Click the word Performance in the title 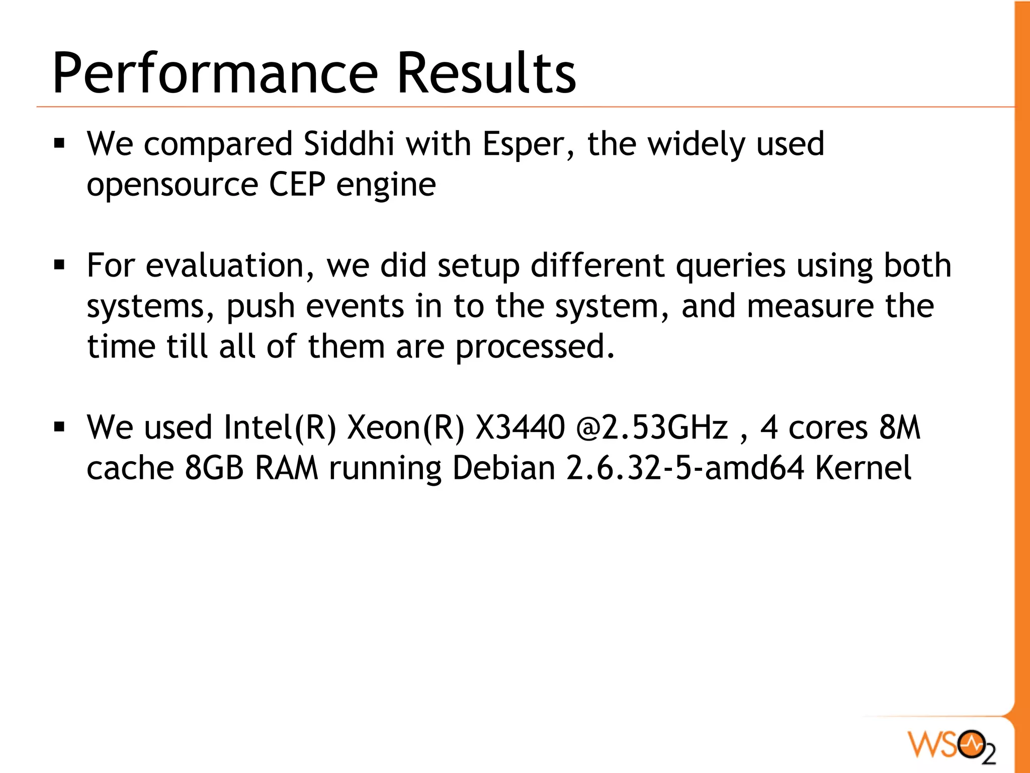click(x=215, y=73)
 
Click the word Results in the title click(x=486, y=73)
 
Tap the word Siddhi click(x=349, y=144)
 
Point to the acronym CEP click(x=297, y=184)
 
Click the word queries click(x=731, y=267)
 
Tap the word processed click(x=535, y=347)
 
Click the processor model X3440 click(x=520, y=427)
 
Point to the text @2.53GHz click(x=652, y=427)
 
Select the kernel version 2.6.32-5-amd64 click(x=685, y=468)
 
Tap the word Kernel click(x=863, y=468)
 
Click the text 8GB click(x=214, y=468)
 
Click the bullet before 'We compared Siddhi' click(x=60, y=144)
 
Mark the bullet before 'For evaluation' click(x=60, y=265)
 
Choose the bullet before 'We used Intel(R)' click(x=60, y=427)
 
